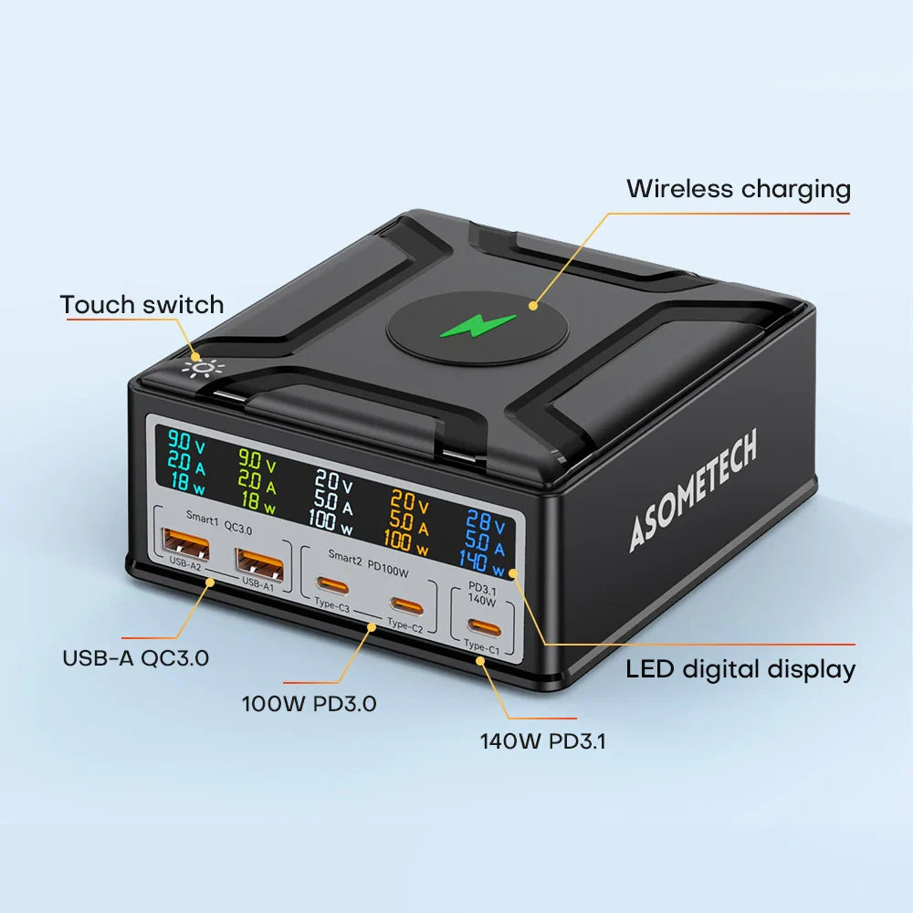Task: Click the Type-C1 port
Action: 482,626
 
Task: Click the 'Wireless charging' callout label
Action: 738,189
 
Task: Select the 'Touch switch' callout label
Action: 142,304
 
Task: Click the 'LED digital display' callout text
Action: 740,669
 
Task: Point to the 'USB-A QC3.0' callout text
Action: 135,657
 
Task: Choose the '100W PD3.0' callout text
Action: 309,704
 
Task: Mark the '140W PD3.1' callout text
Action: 542,740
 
